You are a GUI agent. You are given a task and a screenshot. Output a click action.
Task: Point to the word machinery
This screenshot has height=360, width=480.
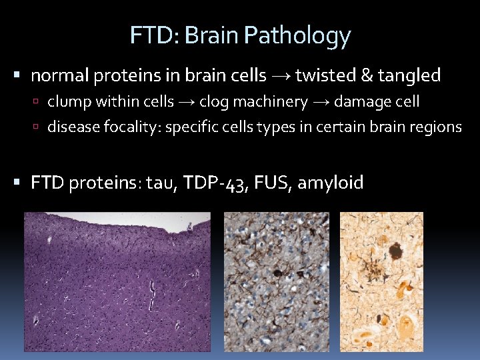coord(269,102)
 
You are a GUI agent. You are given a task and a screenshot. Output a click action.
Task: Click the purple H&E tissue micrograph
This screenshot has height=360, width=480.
coord(117,281)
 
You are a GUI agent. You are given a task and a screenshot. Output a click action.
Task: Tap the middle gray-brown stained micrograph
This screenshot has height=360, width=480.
coord(276,281)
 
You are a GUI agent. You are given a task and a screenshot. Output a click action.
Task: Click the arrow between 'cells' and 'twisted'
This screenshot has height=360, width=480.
coord(280,76)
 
